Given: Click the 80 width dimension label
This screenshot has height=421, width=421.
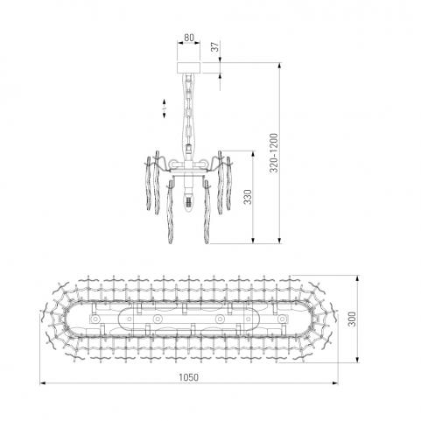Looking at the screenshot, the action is pyautogui.click(x=189, y=38).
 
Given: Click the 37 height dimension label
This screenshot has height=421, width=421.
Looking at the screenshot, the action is pyautogui.click(x=214, y=46).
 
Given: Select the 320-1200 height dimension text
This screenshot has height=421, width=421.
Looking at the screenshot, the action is pyautogui.click(x=274, y=152).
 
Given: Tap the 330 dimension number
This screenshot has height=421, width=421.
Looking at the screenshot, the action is pyautogui.click(x=248, y=197).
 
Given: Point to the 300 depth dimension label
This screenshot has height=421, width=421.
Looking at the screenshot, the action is pyautogui.click(x=352, y=319).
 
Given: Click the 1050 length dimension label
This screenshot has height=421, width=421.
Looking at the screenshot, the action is pyautogui.click(x=188, y=377).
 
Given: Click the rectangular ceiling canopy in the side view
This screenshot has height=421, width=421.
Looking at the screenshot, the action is pyautogui.click(x=189, y=67).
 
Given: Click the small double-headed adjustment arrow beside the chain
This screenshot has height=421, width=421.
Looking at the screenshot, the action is pyautogui.click(x=165, y=109).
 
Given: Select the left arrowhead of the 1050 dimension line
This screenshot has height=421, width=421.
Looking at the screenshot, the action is pyautogui.click(x=43, y=382).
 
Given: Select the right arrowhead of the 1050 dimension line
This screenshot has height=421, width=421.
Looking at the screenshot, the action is pyautogui.click(x=335, y=382).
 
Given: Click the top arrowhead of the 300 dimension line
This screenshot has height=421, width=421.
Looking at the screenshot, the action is pyautogui.click(x=358, y=278).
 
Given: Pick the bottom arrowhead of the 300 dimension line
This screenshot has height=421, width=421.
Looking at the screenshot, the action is pyautogui.click(x=358, y=360).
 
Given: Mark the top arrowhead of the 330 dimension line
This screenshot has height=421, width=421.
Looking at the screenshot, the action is pyautogui.click(x=253, y=154).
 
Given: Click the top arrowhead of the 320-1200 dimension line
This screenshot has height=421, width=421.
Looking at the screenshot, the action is pyautogui.click(x=279, y=66).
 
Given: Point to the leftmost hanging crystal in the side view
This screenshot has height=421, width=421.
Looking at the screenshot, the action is pyautogui.click(x=149, y=183).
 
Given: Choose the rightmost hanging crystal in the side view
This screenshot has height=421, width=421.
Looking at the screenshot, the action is pyautogui.click(x=228, y=183).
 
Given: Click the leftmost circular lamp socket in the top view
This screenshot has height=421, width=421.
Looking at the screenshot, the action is pyautogui.click(x=95, y=319).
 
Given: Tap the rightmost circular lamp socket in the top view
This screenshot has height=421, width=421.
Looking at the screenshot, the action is pyautogui.click(x=282, y=319).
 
